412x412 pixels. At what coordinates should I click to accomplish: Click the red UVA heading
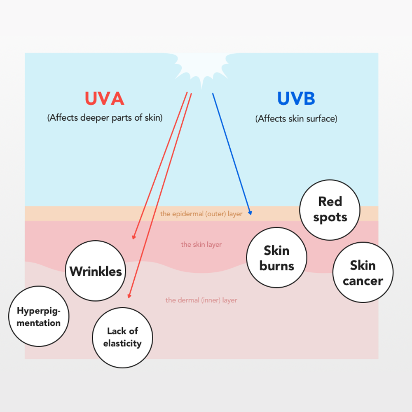click(104, 99)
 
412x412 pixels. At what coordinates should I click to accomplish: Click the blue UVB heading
click(296, 99)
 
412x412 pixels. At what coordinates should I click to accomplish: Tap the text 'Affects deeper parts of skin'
click(105, 117)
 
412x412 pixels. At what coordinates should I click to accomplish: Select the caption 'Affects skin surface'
click(296, 119)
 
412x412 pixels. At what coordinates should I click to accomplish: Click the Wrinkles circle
click(96, 271)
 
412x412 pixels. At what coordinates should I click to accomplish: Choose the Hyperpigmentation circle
click(39, 316)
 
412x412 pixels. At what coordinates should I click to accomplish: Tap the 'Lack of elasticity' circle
click(122, 337)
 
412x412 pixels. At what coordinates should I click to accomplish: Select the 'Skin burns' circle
click(276, 257)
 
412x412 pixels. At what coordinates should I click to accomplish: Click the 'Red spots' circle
click(330, 210)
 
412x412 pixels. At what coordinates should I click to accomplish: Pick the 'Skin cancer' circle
click(363, 272)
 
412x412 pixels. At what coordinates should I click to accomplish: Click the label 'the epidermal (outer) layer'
click(201, 214)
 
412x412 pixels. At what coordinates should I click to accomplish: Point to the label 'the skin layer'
click(201, 245)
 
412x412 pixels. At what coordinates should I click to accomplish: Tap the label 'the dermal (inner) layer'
click(201, 300)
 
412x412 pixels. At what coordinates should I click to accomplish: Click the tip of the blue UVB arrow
click(250, 214)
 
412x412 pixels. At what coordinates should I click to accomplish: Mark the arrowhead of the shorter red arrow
click(133, 238)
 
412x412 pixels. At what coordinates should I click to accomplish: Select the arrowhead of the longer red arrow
click(129, 297)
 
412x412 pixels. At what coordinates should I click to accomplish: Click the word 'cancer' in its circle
click(363, 281)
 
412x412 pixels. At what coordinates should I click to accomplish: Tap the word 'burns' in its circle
click(276, 266)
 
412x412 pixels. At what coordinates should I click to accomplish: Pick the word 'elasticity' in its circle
click(122, 344)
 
